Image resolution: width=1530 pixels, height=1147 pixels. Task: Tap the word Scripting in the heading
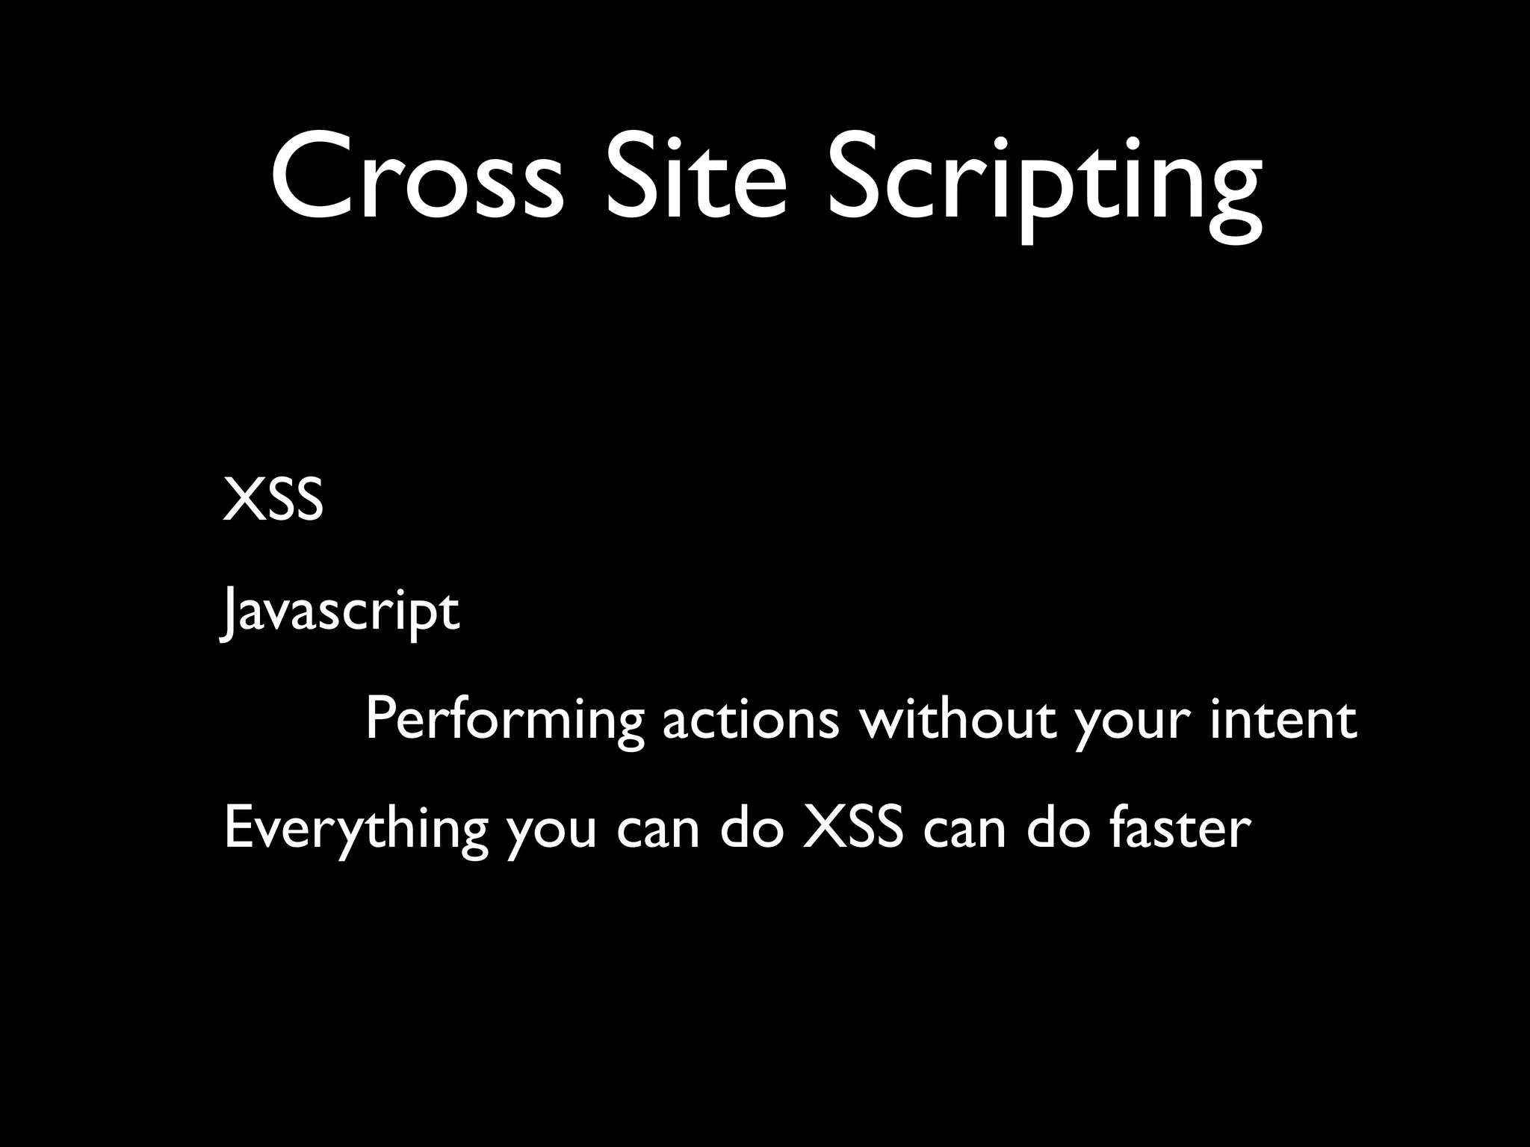coord(1044,183)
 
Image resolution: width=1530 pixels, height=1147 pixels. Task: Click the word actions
coord(751,720)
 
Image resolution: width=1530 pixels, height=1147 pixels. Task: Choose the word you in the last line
coord(551,833)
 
